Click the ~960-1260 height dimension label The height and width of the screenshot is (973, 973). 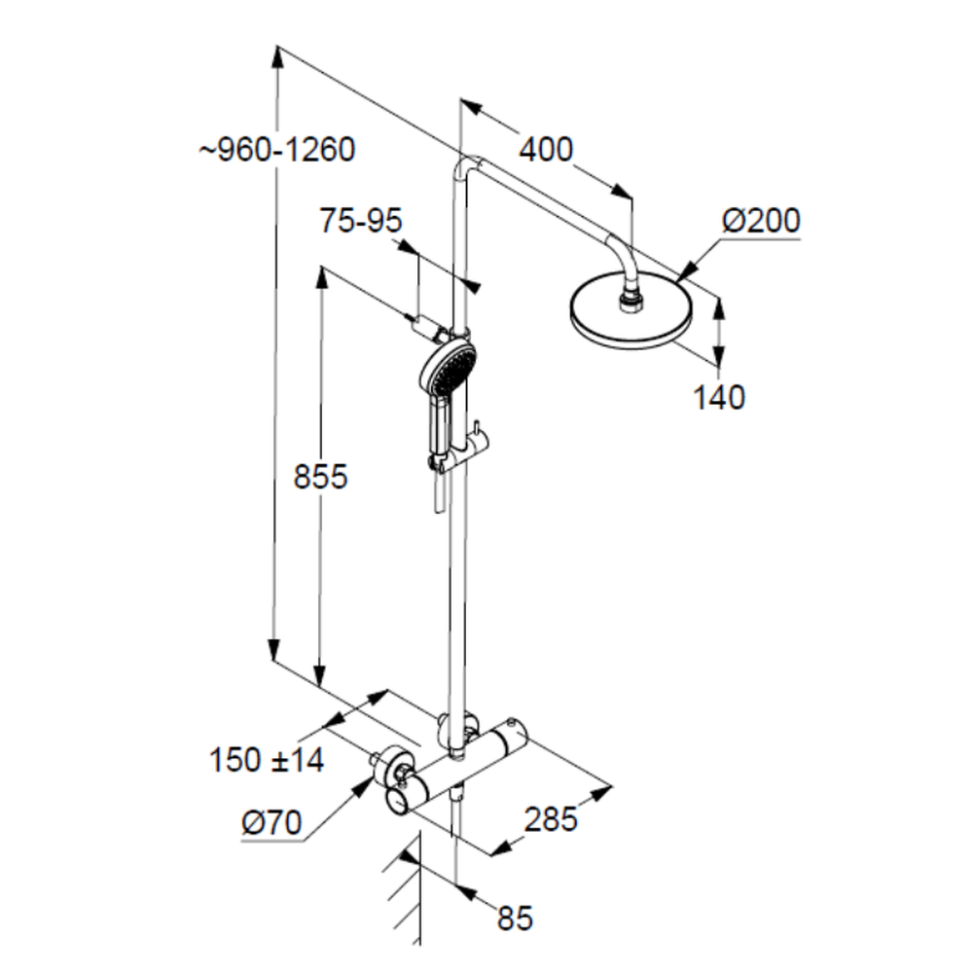[x=278, y=150]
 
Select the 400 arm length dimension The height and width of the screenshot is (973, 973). [x=546, y=150]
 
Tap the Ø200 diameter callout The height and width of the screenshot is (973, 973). [x=761, y=222]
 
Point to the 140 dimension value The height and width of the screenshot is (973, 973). [x=719, y=397]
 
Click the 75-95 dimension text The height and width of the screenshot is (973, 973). [x=361, y=222]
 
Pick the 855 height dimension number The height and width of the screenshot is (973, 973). [x=320, y=477]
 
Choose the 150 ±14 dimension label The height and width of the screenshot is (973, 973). [x=267, y=760]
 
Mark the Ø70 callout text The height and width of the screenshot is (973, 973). [x=271, y=825]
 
